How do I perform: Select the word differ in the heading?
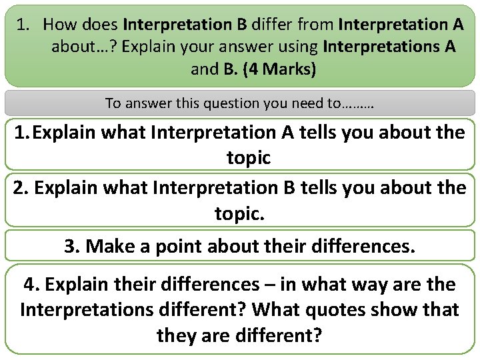click(271, 25)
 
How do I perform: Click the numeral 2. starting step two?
click(21, 188)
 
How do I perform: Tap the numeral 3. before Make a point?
click(73, 246)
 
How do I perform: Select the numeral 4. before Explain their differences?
click(32, 285)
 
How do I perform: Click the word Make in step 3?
click(108, 246)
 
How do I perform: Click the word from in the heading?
click(313, 25)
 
